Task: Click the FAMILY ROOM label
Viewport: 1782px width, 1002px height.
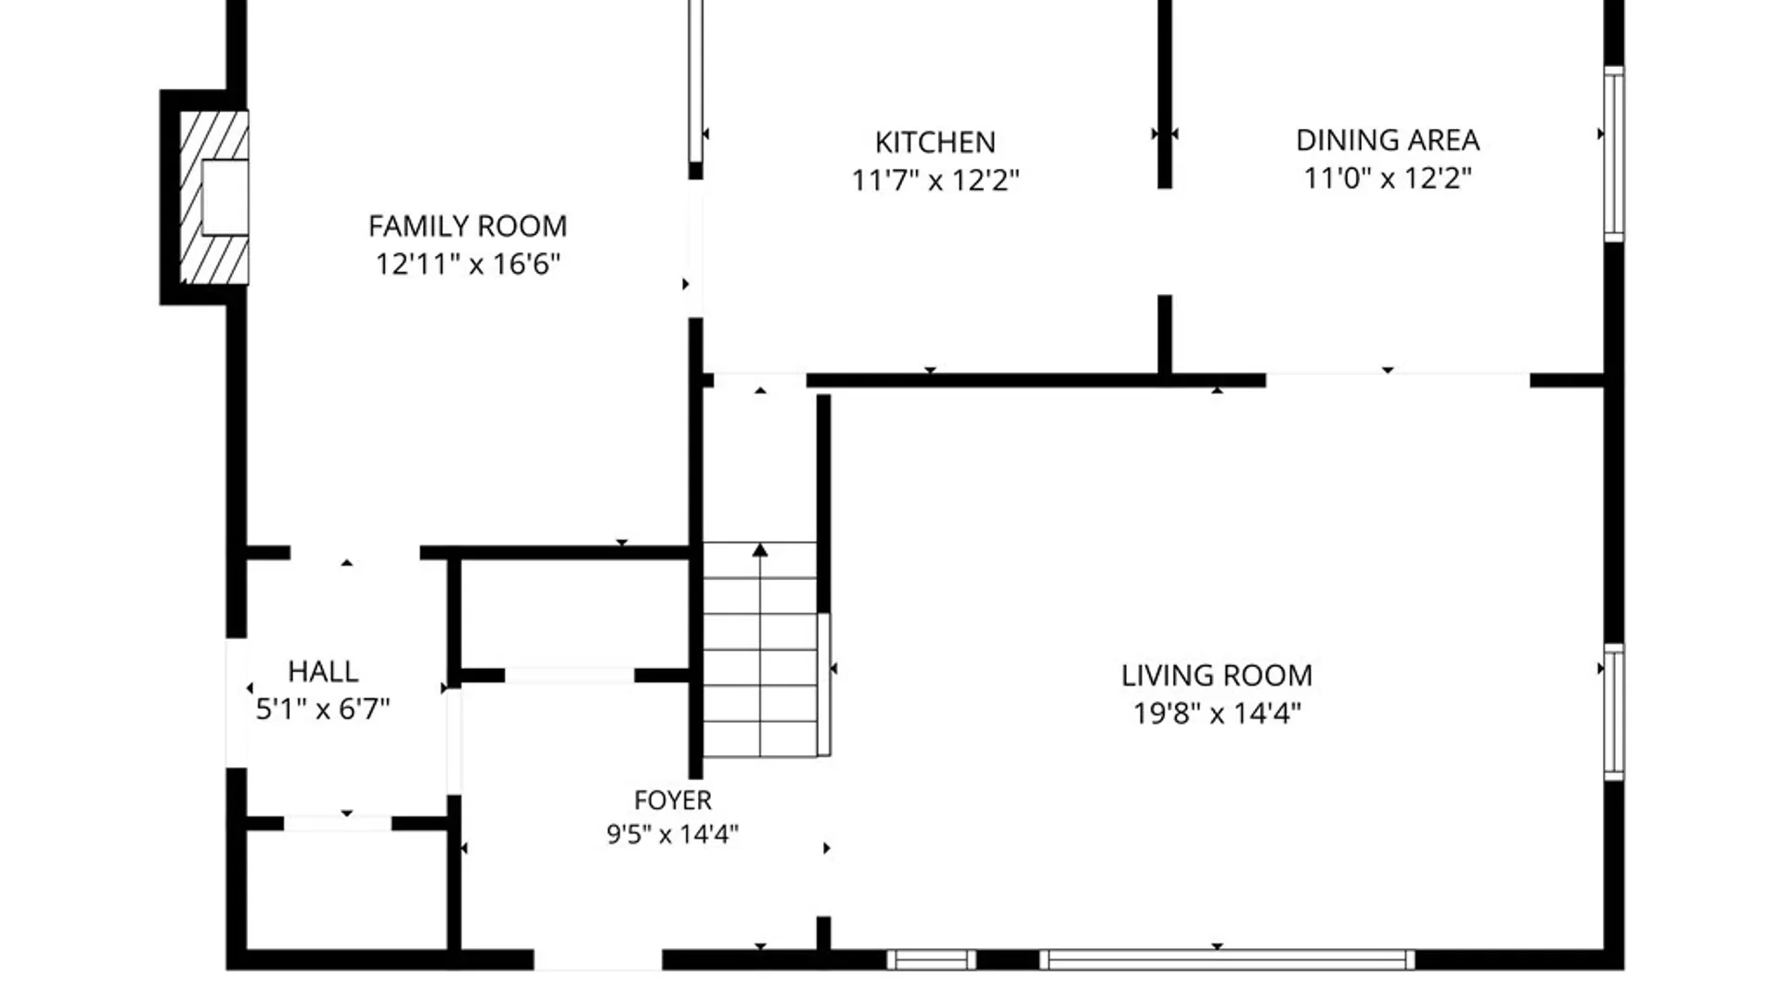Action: coord(468,226)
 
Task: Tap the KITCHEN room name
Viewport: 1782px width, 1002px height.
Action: coord(936,142)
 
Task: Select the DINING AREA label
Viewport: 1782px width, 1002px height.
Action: coord(1388,140)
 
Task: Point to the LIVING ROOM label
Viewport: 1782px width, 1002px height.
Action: coord(1217,675)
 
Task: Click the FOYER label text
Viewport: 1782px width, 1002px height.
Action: coord(673,800)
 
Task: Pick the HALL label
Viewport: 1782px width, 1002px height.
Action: coord(323,671)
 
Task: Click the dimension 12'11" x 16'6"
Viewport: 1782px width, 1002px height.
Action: coord(468,264)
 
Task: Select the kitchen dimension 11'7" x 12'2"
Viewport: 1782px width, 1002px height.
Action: coord(936,179)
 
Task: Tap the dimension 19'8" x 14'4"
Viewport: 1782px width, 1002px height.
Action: coord(1217,713)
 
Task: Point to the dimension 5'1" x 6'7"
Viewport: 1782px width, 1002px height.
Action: coord(323,709)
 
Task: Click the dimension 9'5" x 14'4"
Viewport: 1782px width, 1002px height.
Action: coord(673,834)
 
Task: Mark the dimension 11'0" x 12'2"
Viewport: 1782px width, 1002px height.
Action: coord(1388,177)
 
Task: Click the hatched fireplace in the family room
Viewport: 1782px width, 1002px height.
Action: coord(214,198)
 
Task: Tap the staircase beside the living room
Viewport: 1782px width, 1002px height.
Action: coord(761,649)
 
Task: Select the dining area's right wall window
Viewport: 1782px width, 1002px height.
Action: coord(1614,154)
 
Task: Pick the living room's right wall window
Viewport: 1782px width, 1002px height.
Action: coord(1614,712)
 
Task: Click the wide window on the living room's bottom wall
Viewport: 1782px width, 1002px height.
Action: coord(1227,959)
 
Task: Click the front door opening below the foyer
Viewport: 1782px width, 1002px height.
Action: coord(598,959)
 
